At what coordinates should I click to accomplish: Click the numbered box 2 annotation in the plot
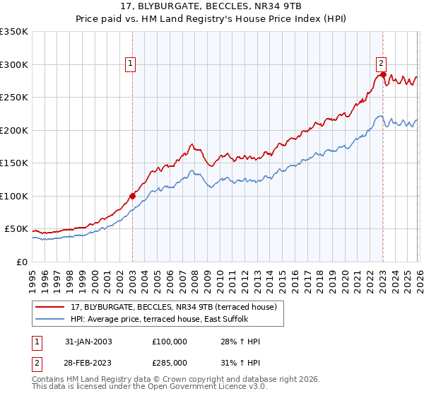tap(381, 62)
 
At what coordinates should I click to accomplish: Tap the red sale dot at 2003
tap(132, 196)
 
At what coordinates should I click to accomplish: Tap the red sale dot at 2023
tap(383, 74)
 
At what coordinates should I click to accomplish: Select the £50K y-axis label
tap(16, 229)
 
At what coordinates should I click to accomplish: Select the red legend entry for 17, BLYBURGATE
tap(176, 307)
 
